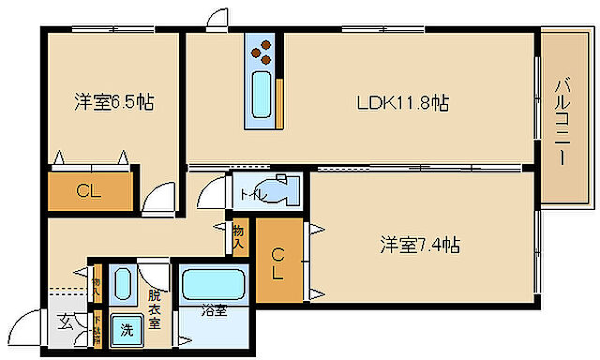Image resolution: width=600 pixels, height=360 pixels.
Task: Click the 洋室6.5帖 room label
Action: click(113, 102)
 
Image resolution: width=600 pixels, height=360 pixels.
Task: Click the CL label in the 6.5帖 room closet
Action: click(88, 193)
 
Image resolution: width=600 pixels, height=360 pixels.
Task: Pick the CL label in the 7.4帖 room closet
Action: click(279, 263)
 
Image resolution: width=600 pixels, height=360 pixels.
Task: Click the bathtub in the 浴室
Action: click(214, 284)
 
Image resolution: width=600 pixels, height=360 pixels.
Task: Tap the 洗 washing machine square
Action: click(125, 329)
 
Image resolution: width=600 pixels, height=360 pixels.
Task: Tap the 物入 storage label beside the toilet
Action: click(239, 236)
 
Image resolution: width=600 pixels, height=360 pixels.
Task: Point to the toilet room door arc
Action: click(217, 192)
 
